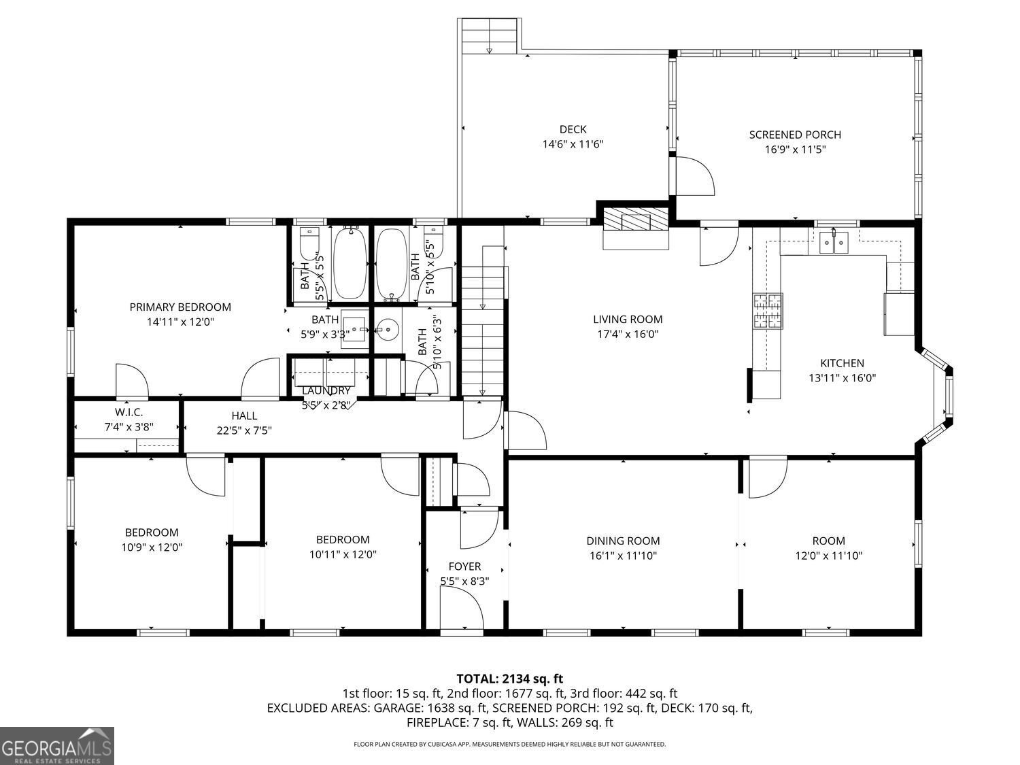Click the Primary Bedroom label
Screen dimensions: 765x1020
[180, 307]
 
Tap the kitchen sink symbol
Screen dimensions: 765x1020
[833, 242]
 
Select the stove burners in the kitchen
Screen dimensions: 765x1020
[767, 311]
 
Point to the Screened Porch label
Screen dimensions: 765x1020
[795, 135]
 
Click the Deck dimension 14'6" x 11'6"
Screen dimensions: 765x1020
[573, 144]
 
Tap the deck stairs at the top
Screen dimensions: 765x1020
[490, 37]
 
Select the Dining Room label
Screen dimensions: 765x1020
[623, 541]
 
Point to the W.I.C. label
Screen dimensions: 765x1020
[129, 412]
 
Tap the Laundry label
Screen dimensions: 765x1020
[326, 390]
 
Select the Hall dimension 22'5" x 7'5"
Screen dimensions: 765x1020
[244, 430]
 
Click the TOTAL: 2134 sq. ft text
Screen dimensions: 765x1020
[509, 679]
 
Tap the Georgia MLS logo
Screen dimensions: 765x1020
[56, 746]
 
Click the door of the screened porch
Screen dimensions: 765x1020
[694, 175]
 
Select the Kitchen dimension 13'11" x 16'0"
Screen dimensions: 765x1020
[842, 378]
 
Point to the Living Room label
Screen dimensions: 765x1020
[628, 320]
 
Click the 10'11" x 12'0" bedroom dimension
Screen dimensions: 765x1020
[343, 554]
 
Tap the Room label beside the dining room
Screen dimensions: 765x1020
[828, 541]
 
